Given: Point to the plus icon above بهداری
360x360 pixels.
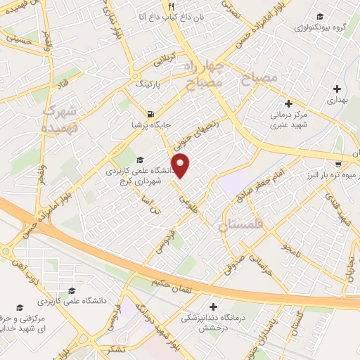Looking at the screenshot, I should (x=338, y=89).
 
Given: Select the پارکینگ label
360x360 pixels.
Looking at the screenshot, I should (x=149, y=83).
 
